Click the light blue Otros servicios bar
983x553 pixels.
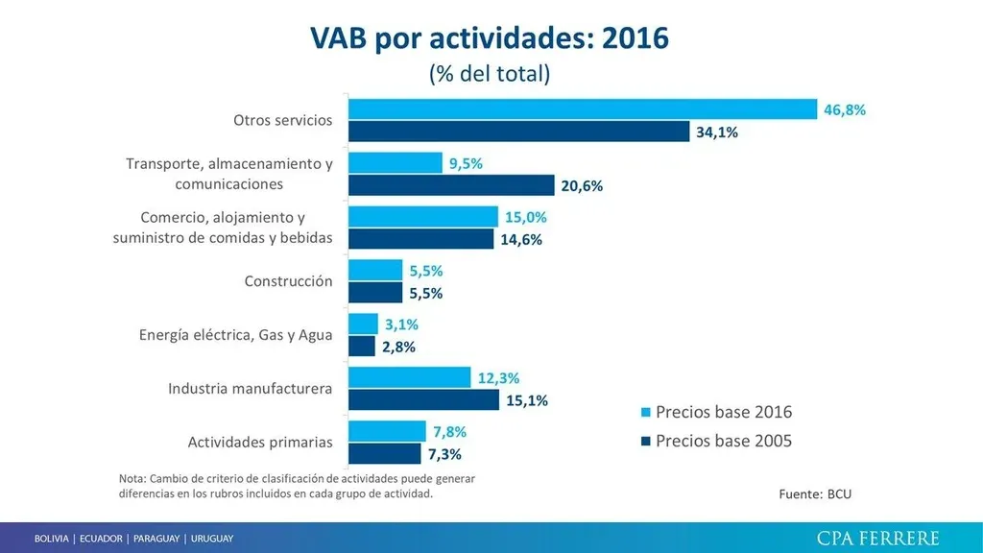582,109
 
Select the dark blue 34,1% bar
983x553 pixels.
518,132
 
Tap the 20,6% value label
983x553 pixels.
582,186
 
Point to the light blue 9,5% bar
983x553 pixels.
395,163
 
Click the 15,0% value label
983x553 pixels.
525,217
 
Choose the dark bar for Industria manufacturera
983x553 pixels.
423,400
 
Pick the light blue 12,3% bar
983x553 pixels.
409,377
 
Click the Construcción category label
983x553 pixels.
289,281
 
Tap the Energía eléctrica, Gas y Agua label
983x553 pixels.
236,335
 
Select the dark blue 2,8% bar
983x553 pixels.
361,347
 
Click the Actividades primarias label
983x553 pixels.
260,443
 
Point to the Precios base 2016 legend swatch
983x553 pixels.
646,413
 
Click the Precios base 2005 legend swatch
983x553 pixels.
646,442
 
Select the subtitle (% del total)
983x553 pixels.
490,74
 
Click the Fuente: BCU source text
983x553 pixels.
815,494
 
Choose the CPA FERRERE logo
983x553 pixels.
877,538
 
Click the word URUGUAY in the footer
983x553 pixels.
211,539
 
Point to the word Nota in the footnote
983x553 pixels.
133,478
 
